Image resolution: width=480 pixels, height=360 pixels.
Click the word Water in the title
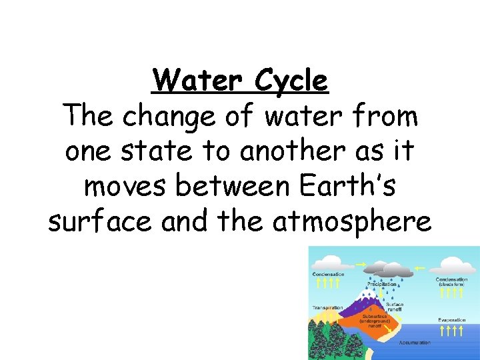tap(191, 81)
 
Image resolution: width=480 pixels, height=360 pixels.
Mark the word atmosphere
tap(352, 223)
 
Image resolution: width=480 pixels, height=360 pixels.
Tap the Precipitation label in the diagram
tap(381, 284)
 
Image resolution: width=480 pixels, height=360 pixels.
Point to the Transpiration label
tap(328, 308)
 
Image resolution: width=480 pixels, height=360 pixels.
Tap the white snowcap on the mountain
tap(367, 293)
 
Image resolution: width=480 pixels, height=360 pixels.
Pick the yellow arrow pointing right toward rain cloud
tap(363, 265)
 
